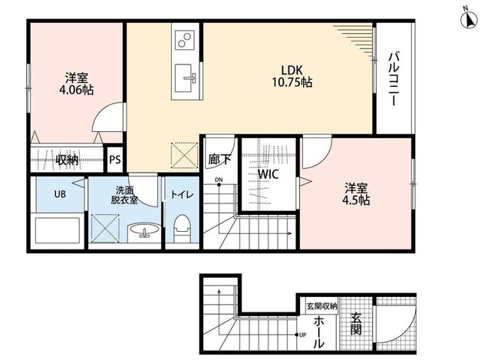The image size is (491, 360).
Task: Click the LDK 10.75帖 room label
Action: click(x=292, y=76)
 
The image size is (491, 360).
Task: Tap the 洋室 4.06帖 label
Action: click(x=77, y=84)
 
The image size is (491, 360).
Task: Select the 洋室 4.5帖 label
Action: click(x=356, y=194)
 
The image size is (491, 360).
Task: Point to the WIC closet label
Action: click(x=269, y=174)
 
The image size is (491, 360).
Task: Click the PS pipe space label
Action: click(x=115, y=160)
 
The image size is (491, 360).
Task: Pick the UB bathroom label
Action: click(x=60, y=194)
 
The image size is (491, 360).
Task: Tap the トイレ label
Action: click(x=182, y=194)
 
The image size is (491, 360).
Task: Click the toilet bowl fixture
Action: click(x=182, y=228)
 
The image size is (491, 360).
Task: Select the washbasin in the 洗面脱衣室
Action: click(x=145, y=230)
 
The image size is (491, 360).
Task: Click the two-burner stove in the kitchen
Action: click(x=185, y=40)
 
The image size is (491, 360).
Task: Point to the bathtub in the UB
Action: click(x=58, y=230)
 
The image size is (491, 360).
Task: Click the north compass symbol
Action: click(x=469, y=20)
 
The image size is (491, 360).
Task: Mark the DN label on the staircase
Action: click(x=219, y=180)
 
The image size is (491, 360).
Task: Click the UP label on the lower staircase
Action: click(x=302, y=335)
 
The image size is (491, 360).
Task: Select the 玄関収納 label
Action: click(x=321, y=306)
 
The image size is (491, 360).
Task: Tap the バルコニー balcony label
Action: click(x=394, y=79)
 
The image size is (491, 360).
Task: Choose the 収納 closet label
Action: click(x=67, y=160)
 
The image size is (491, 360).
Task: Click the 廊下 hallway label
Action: click(x=219, y=160)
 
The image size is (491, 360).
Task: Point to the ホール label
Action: click(x=319, y=332)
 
